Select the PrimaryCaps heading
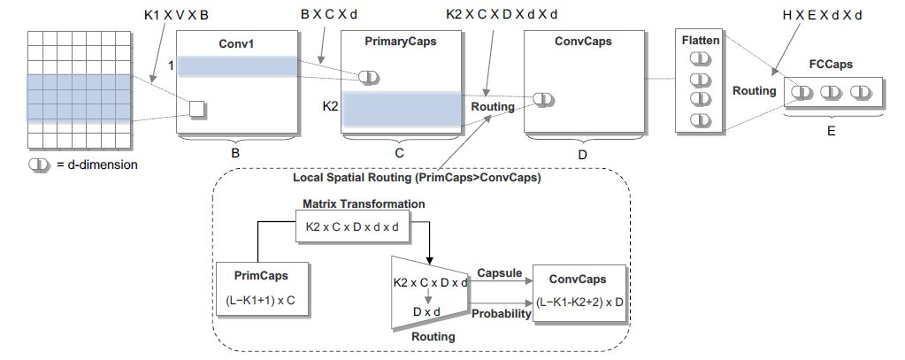[x=400, y=41]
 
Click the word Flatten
[x=701, y=40]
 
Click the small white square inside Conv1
[x=196, y=109]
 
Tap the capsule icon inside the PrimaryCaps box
[x=369, y=77]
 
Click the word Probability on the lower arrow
[x=502, y=313]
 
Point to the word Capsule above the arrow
[x=499, y=273]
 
